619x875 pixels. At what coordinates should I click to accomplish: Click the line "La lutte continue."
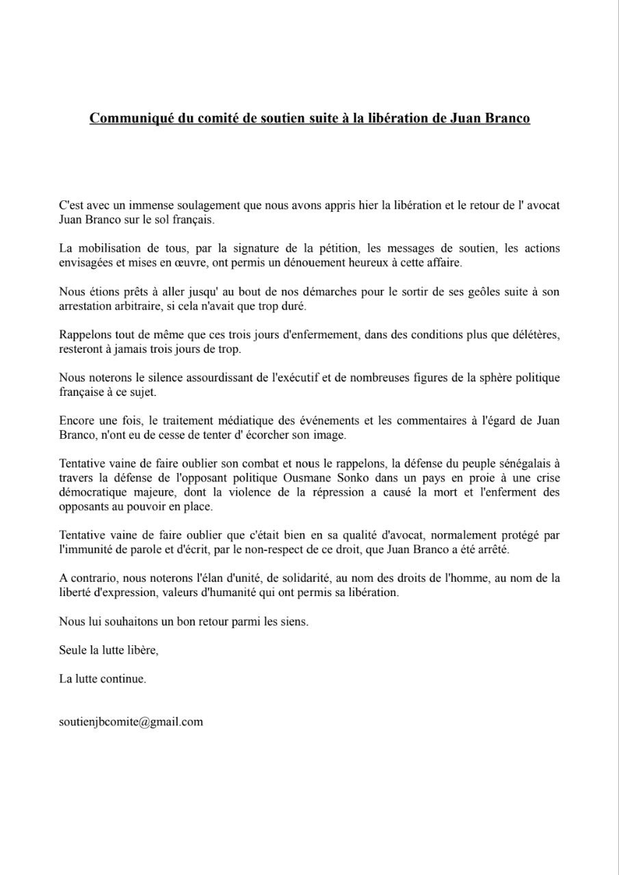click(x=103, y=679)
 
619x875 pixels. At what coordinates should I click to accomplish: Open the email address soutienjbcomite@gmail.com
click(x=131, y=721)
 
